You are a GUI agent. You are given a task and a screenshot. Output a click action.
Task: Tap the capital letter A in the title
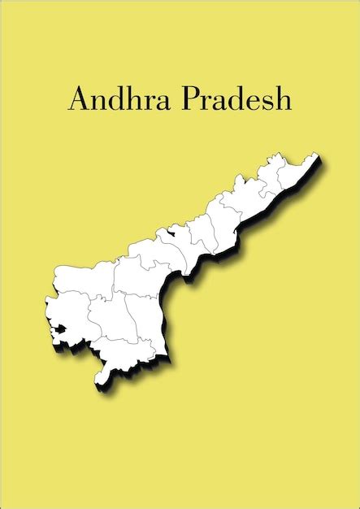coord(78,98)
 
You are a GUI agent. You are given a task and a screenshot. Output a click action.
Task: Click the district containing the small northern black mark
coord(175,244)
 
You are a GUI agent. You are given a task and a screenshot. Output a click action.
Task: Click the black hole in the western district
coord(58,330)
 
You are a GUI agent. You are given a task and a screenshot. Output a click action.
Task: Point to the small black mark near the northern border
coord(170,233)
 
